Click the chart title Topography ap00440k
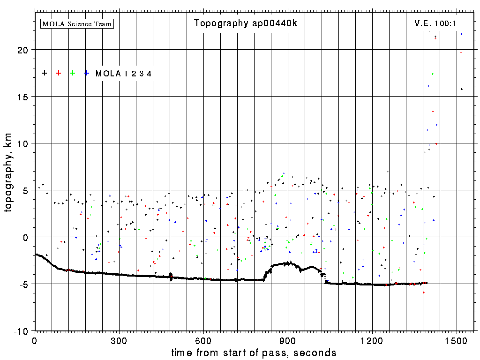click(245, 23)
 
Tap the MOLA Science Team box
click(77, 23)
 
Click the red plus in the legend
click(59, 73)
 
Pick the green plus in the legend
click(73, 73)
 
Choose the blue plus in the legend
click(87, 73)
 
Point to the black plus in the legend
click(45, 73)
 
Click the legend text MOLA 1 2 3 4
click(123, 74)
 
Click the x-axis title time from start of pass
click(254, 352)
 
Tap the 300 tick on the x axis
click(120, 340)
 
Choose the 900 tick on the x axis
click(288, 340)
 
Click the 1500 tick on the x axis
click(457, 340)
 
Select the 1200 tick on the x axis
click(372, 340)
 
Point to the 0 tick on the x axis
click(35, 340)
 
